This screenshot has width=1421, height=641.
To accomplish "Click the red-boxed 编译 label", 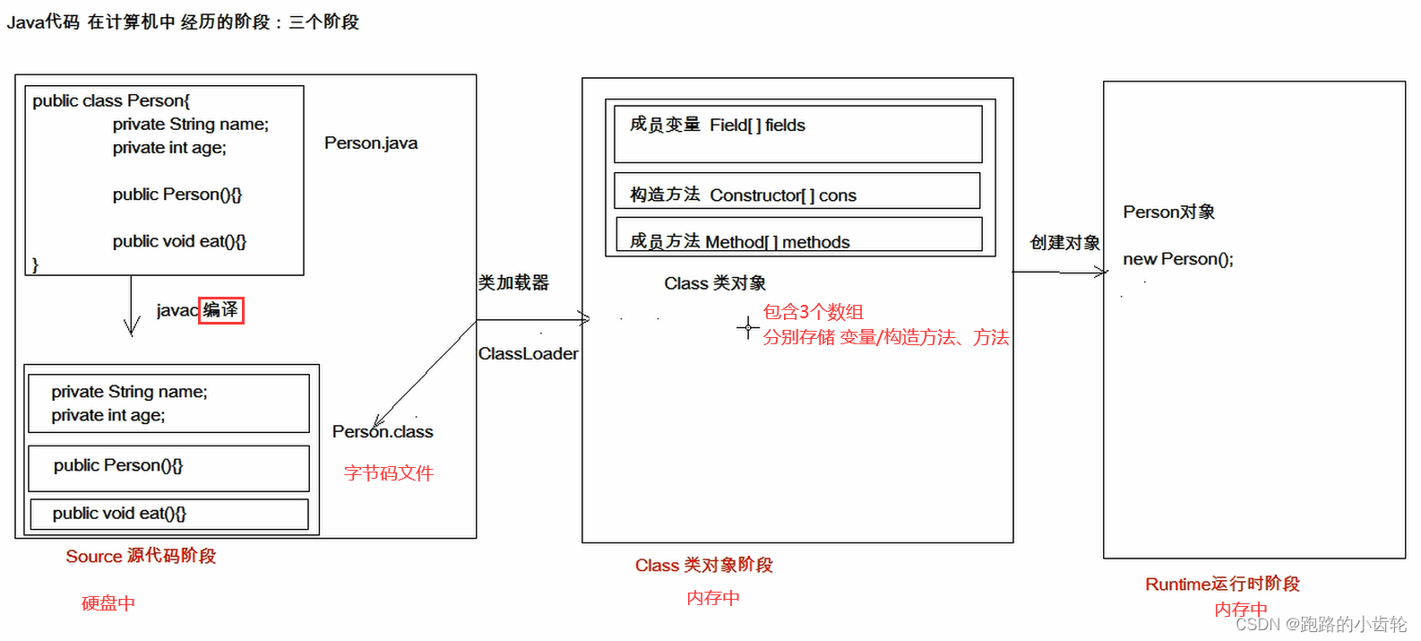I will (x=220, y=310).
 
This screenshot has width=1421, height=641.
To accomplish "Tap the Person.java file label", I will (x=371, y=143).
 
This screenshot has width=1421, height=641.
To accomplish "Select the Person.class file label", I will (x=383, y=432).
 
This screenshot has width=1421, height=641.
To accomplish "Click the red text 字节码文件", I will (x=389, y=473).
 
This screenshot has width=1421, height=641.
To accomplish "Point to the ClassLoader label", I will (x=528, y=354).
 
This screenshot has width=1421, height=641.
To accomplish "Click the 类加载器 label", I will (x=513, y=283).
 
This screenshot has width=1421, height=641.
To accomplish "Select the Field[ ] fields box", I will (x=797, y=134).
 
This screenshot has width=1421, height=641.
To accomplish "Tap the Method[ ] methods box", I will (x=798, y=235).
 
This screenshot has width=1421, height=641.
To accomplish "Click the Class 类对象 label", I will (x=715, y=284).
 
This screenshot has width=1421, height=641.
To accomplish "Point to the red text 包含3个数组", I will (x=813, y=312).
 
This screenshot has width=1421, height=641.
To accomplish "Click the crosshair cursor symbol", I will (x=748, y=327).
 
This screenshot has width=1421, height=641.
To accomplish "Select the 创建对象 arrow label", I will (x=1064, y=243).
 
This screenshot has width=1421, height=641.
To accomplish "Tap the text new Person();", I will (x=1178, y=260).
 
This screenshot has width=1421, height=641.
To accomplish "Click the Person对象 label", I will (x=1169, y=212).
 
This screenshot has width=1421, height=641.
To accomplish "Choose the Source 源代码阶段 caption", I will (x=141, y=557).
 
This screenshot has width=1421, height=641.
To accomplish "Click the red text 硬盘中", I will (x=108, y=603).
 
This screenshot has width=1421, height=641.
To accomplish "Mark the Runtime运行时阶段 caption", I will (x=1222, y=585).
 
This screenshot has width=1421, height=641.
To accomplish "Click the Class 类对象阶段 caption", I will (x=704, y=566).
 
